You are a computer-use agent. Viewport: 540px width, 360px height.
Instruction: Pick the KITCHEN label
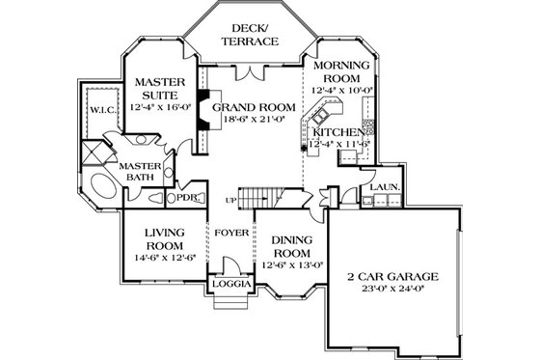coord(338,131)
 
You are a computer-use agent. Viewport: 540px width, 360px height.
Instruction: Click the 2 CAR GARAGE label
coord(392,277)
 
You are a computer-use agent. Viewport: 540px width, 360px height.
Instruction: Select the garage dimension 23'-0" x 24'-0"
coord(392,290)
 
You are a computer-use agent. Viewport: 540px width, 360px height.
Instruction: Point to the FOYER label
coord(230,232)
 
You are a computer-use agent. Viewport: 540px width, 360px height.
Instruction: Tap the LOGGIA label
coord(231,286)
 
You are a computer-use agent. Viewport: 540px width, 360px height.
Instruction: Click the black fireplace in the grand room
coord(203,111)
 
